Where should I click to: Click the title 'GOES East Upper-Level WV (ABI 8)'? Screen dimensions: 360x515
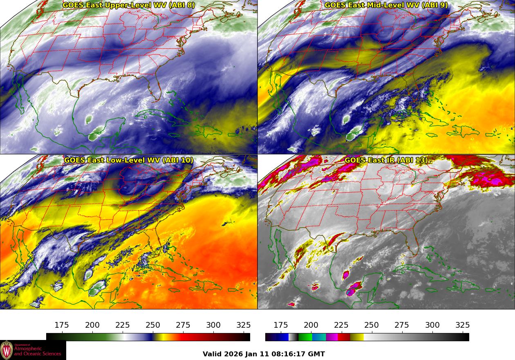tap(129, 5)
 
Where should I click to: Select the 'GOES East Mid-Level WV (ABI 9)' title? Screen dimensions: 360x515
tap(386, 5)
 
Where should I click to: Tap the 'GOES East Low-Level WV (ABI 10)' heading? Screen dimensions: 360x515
tap(129, 160)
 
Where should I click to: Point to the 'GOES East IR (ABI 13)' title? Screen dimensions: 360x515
tap(386, 160)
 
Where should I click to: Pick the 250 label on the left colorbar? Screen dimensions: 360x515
tap(153, 325)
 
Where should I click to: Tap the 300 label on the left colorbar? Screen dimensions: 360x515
tap(213, 325)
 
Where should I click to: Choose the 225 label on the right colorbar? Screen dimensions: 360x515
tap(341, 325)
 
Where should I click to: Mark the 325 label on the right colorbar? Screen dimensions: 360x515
tap(462, 325)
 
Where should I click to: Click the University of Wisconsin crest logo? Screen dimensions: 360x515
tap(7, 350)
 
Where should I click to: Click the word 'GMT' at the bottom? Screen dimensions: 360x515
tap(317, 354)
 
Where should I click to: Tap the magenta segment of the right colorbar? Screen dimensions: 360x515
tap(332, 337)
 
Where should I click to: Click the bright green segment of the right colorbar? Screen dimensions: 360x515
tap(305, 337)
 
